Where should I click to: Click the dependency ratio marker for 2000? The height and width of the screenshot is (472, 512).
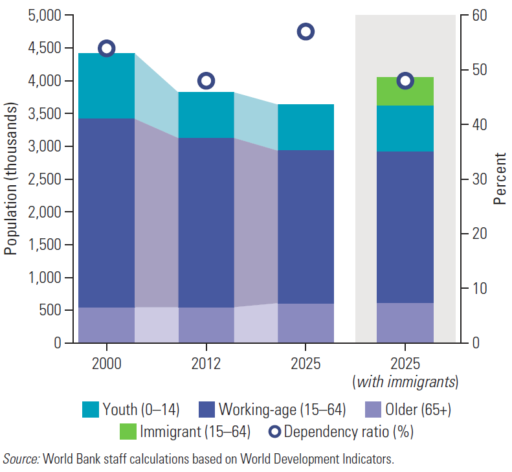click(107, 49)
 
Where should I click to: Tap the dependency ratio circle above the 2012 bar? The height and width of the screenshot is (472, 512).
click(206, 81)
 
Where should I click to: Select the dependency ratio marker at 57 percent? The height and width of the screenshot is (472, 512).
click(306, 32)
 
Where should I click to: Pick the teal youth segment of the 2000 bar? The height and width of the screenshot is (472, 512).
click(107, 86)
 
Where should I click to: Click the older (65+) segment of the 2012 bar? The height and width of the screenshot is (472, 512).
click(206, 325)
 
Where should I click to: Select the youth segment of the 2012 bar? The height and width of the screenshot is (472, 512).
click(206, 115)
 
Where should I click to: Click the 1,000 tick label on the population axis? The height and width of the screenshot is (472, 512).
click(45, 278)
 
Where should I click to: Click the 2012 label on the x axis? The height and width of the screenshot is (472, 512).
click(206, 363)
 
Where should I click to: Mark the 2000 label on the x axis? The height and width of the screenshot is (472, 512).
click(107, 363)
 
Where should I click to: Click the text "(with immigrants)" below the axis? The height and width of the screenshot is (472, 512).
click(405, 383)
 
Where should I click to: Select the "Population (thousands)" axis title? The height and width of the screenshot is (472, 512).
click(11, 179)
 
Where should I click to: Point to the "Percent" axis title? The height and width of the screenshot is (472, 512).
click(500, 179)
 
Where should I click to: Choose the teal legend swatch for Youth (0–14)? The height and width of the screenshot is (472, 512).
click(91, 409)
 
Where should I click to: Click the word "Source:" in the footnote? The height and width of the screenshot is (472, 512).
click(21, 460)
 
